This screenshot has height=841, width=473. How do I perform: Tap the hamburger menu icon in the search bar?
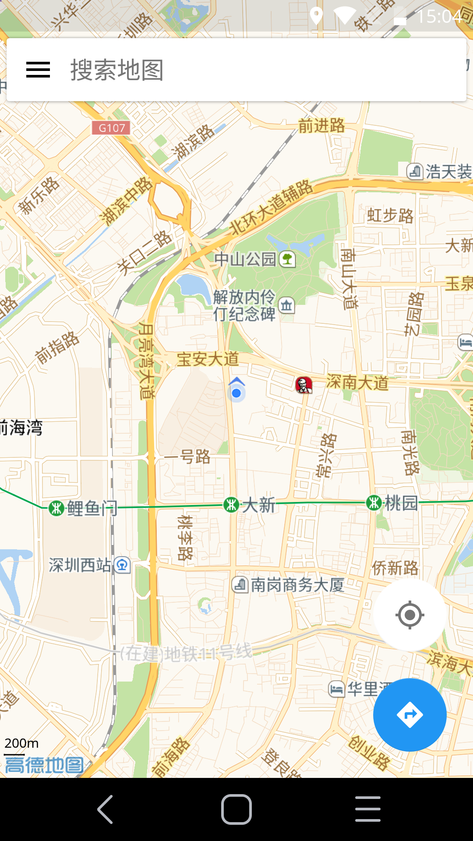click(x=38, y=70)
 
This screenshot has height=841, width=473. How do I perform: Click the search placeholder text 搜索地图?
click(x=117, y=70)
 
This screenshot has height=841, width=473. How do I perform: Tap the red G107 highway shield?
click(x=111, y=128)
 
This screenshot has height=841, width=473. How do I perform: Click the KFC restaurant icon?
click(x=304, y=385)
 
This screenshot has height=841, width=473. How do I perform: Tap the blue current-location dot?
click(x=236, y=393)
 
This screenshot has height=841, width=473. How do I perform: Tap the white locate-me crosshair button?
click(x=409, y=615)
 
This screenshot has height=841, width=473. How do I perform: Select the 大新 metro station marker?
click(x=231, y=505)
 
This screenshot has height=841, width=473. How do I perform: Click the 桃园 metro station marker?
click(x=374, y=502)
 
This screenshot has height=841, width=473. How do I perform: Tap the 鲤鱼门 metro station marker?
click(x=56, y=508)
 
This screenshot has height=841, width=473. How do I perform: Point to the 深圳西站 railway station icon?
click(x=122, y=565)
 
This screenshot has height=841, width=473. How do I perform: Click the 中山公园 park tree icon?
click(x=287, y=259)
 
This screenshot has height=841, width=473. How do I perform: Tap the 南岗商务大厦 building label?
click(x=297, y=585)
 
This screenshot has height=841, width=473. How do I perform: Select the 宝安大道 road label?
click(x=208, y=359)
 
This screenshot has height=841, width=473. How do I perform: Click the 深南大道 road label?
click(x=357, y=382)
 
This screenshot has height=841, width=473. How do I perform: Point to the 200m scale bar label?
click(x=21, y=743)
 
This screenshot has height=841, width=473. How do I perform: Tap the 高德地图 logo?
click(x=44, y=765)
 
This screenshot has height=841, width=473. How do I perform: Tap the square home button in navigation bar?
click(x=236, y=809)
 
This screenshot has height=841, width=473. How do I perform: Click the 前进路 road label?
click(x=322, y=126)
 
